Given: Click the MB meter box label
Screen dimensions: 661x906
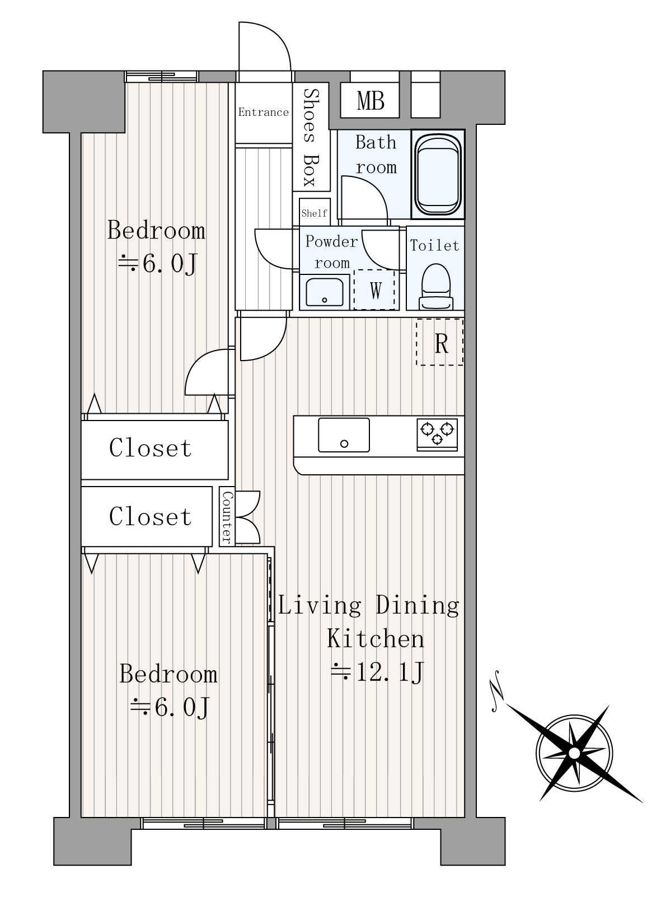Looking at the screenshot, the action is pyautogui.click(x=371, y=100).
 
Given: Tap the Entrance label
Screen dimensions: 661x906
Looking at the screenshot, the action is pyautogui.click(x=263, y=112).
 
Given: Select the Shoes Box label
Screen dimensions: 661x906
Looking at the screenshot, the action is pyautogui.click(x=310, y=138).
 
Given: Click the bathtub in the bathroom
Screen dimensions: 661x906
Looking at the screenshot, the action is pyautogui.click(x=438, y=174).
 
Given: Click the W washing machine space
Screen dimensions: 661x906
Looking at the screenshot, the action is pyautogui.click(x=375, y=289).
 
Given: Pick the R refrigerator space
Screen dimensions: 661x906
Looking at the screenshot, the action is pyautogui.click(x=440, y=342).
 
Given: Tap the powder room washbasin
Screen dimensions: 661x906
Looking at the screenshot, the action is pyautogui.click(x=325, y=291).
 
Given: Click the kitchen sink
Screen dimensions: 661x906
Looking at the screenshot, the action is pyautogui.click(x=344, y=435).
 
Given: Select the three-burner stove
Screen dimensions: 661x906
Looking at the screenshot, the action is pyautogui.click(x=437, y=435).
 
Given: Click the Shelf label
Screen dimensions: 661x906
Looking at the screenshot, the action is pyautogui.click(x=314, y=213).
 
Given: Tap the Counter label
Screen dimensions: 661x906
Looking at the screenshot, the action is pyautogui.click(x=227, y=517).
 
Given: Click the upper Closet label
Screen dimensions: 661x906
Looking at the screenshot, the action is pyautogui.click(x=151, y=448).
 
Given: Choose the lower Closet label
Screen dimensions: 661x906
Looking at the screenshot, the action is pyautogui.click(x=151, y=516).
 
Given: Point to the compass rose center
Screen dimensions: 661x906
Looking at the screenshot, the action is pyautogui.click(x=574, y=753).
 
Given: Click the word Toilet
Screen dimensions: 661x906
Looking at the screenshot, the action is pyautogui.click(x=435, y=245).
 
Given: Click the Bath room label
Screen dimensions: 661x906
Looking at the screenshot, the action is pyautogui.click(x=376, y=155).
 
